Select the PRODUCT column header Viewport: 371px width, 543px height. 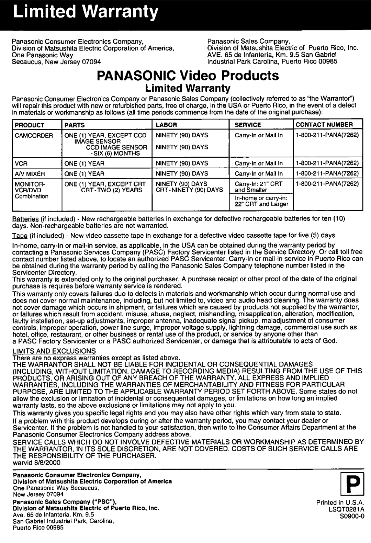coord(30,125)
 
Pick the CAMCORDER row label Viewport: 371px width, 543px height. coord(34,135)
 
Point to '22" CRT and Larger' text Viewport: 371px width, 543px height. coord(262,204)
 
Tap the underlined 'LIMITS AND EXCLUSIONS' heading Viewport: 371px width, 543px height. coord(54,351)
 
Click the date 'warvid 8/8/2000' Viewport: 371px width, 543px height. coord(36,463)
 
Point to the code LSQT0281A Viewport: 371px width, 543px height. coord(345,509)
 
